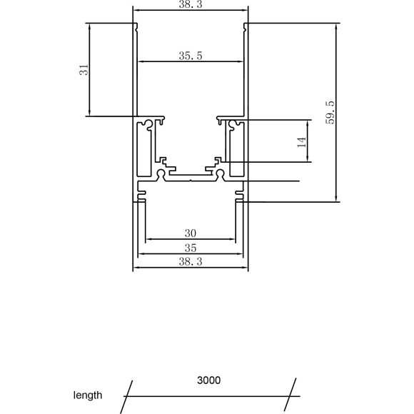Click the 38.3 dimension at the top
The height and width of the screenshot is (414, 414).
[x=191, y=4]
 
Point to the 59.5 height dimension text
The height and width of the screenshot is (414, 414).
[x=330, y=113]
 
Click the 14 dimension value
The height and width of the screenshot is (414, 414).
[x=301, y=142]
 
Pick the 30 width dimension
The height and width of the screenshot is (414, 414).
[x=191, y=233]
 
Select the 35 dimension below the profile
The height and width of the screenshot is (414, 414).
[x=191, y=248]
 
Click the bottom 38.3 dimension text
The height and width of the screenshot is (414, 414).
[x=191, y=262]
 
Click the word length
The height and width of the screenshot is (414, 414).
[x=88, y=395]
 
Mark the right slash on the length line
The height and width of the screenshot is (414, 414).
[x=293, y=395]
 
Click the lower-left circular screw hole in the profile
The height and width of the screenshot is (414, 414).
[x=161, y=173]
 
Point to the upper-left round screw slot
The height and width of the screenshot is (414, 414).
[x=148, y=128]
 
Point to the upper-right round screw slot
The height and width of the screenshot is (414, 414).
[x=233, y=128]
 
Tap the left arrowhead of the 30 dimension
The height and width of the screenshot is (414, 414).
[x=148, y=240]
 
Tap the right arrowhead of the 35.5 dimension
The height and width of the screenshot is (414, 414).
[x=241, y=62]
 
